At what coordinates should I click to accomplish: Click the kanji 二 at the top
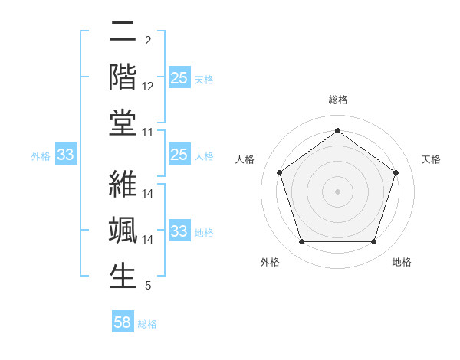(x=123, y=32)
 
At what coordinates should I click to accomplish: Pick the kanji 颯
(x=123, y=230)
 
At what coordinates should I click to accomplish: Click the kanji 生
(x=123, y=275)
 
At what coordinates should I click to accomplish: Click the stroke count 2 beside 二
(x=148, y=41)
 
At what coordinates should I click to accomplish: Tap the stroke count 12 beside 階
(x=148, y=87)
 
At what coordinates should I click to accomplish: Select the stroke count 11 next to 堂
(x=148, y=133)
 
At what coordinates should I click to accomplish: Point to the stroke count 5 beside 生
(x=148, y=286)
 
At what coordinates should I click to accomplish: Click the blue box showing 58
(x=123, y=322)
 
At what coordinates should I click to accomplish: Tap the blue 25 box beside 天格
(x=179, y=78)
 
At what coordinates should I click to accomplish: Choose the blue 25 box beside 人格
(x=179, y=155)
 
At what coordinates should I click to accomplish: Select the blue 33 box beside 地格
(x=179, y=231)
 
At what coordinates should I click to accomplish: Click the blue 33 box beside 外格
(x=66, y=155)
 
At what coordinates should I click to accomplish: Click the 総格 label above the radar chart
(x=337, y=100)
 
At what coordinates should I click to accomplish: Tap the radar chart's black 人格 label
(x=245, y=159)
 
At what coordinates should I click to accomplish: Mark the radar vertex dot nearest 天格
(x=396, y=172)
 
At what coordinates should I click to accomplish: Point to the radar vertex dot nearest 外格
(x=301, y=242)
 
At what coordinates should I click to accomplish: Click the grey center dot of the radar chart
(x=337, y=191)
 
